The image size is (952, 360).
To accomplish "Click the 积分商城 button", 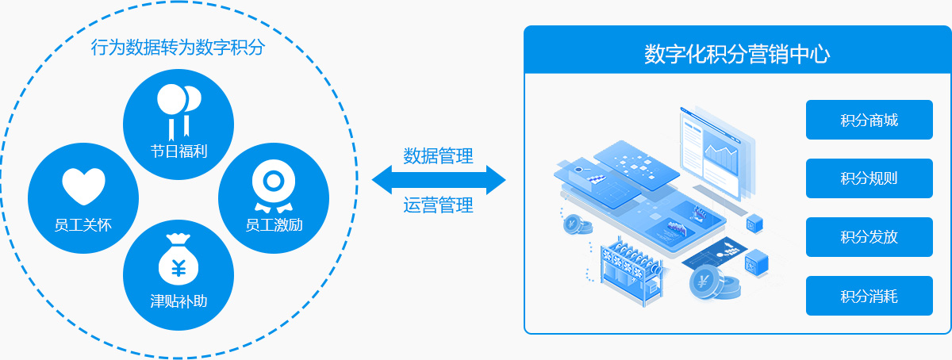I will [x=869, y=121].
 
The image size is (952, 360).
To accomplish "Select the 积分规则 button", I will [x=869, y=178].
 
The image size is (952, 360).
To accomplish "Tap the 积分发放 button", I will [x=869, y=237].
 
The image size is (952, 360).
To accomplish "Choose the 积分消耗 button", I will [x=869, y=297].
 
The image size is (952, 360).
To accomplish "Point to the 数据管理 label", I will [x=438, y=155].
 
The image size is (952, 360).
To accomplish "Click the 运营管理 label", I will [x=438, y=205].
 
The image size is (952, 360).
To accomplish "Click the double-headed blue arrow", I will [x=438, y=180].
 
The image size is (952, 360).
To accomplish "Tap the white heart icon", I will [x=83, y=187].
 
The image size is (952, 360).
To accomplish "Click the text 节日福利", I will [x=178, y=150].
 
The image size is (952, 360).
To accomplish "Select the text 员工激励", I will [x=274, y=224].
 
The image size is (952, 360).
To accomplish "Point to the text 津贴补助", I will [x=178, y=301].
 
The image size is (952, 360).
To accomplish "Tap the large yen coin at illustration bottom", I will [x=703, y=281].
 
